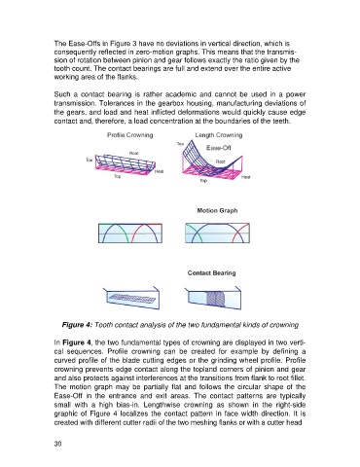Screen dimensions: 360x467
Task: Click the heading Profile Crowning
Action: (x=130, y=135)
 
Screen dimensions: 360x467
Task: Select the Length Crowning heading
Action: (x=219, y=135)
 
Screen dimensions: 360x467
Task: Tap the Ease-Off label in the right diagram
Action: (x=219, y=148)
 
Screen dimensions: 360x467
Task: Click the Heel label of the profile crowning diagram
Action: (x=159, y=171)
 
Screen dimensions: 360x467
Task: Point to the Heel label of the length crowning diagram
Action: (x=246, y=177)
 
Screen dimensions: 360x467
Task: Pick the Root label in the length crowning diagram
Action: (x=221, y=162)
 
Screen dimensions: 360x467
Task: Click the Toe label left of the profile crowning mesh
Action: (x=90, y=160)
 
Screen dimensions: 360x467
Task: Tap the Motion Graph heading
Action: (x=217, y=210)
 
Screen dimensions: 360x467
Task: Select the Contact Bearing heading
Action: (x=211, y=273)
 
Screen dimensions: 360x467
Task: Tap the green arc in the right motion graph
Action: (x=192, y=231)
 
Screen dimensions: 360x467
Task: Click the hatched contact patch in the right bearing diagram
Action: (x=216, y=299)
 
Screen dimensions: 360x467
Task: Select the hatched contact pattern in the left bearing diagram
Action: (x=134, y=297)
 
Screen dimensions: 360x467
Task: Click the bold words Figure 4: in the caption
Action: (x=77, y=325)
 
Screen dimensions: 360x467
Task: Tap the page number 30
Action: (x=57, y=445)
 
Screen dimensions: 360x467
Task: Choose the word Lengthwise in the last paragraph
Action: (x=160, y=405)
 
